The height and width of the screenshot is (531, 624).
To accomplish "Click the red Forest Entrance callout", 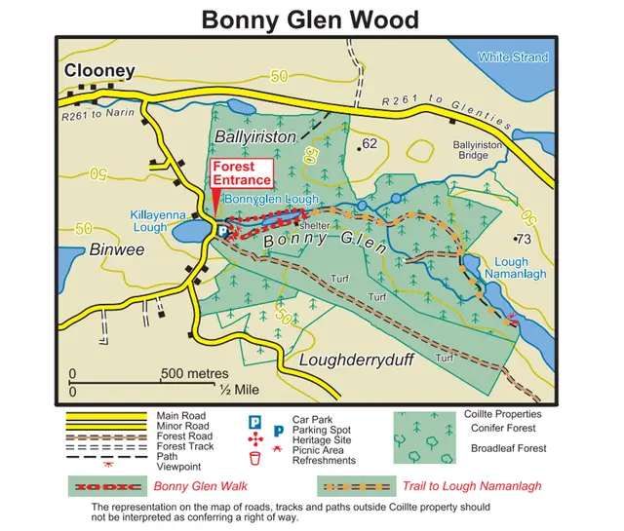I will click(242, 173).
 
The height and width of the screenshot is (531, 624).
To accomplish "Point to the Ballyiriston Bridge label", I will click(480, 149).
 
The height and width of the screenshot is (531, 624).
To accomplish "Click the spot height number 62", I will click(369, 143).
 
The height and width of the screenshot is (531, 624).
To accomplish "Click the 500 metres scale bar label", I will click(194, 374).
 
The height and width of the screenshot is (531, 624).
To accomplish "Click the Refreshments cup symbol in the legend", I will click(254, 459).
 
